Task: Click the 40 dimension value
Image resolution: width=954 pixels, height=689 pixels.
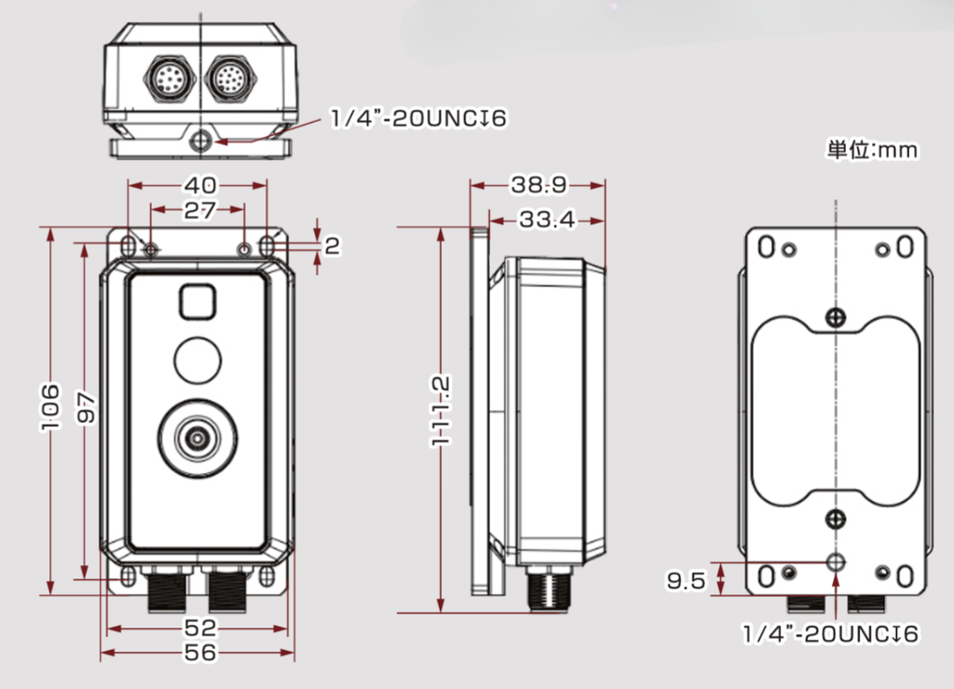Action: [200, 185]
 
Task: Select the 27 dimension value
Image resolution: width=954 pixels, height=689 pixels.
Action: [199, 210]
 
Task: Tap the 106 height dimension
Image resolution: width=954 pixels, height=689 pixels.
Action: [50, 408]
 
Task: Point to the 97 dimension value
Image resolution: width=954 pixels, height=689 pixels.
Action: [87, 408]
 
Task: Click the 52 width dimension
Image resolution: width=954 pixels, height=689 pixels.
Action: [199, 628]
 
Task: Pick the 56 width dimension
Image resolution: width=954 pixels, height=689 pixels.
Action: [199, 653]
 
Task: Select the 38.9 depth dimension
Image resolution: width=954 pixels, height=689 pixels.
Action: [538, 185]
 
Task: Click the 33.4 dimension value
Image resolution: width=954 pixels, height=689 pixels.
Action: [547, 220]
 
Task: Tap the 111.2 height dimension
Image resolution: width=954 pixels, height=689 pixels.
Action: [441, 411]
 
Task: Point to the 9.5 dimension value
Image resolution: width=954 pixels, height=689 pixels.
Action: [687, 580]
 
